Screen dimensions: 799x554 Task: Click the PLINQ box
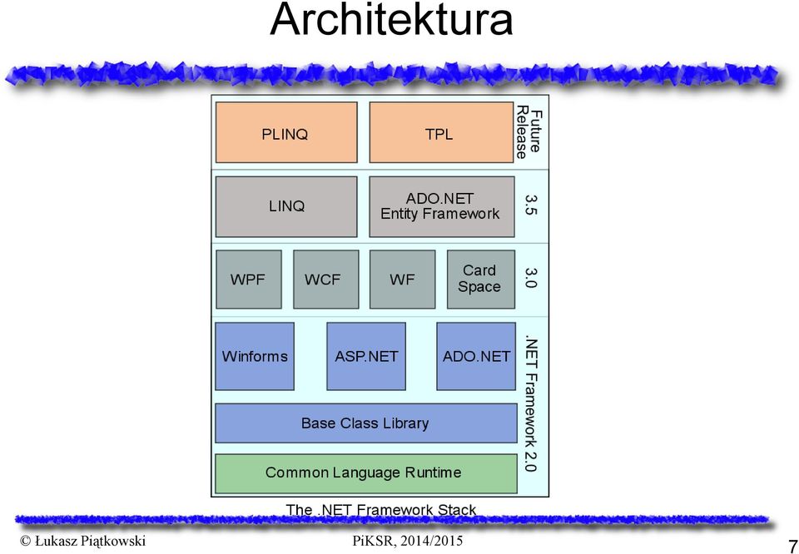[x=286, y=132]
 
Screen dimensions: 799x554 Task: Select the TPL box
[x=441, y=132]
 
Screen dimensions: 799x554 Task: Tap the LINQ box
[x=286, y=207]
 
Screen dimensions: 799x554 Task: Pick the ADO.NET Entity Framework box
[x=442, y=207]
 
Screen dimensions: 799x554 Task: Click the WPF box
[x=249, y=279]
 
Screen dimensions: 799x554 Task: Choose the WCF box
[x=326, y=279]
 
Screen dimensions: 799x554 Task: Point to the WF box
[x=403, y=279]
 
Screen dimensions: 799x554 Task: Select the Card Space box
[x=481, y=279]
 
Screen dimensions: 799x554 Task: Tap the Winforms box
[x=255, y=356]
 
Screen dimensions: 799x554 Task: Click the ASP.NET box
[x=366, y=356]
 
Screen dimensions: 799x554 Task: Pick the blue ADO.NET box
[x=476, y=356]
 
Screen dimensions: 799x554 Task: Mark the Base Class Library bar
[x=366, y=423]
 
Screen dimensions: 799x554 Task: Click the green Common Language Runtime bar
[x=366, y=473]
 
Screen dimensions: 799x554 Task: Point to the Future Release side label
[x=529, y=132]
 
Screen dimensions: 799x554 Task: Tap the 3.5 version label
[x=530, y=205]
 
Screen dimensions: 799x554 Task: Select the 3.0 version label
[x=530, y=279]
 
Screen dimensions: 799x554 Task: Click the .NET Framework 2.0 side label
[x=530, y=405]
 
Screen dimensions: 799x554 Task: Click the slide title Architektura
[x=391, y=19]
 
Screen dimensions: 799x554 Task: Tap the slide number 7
[x=792, y=543]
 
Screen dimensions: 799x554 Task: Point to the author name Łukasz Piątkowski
[x=82, y=541]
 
